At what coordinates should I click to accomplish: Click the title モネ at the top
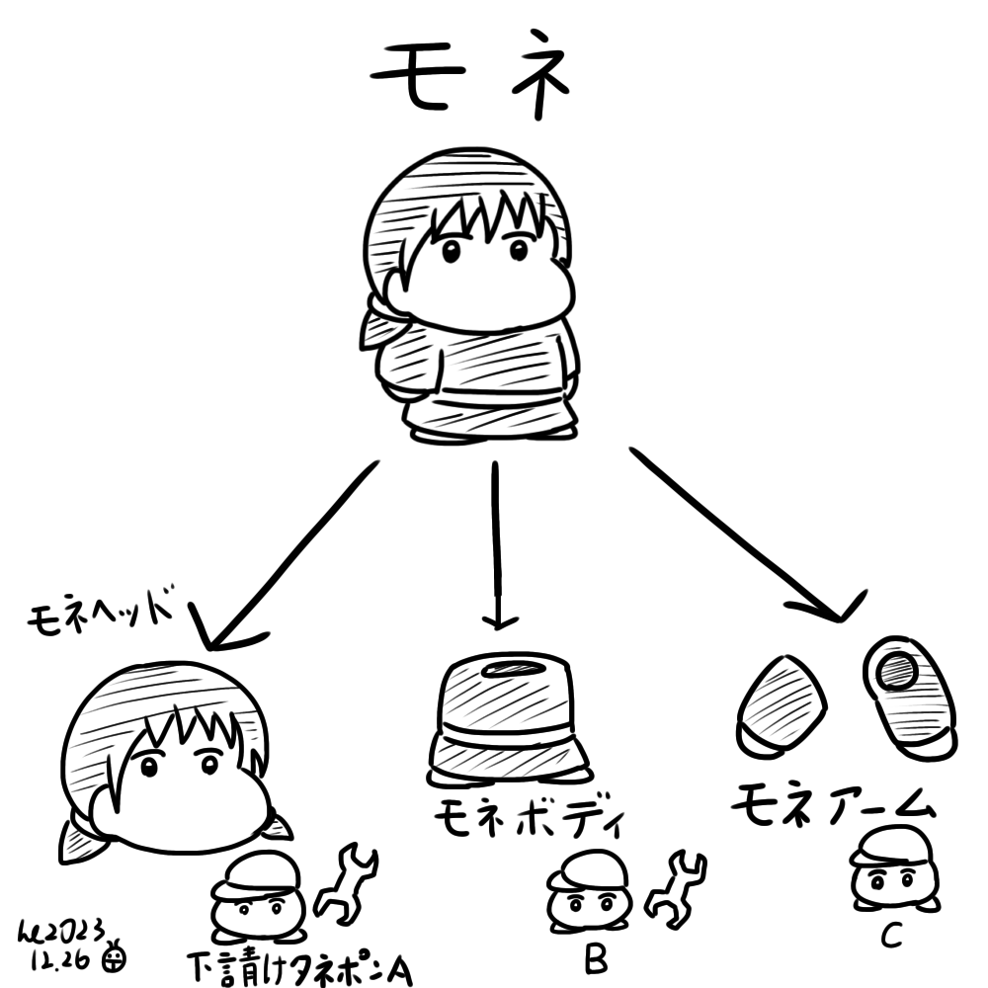point(469,74)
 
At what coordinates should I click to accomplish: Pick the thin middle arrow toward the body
point(497,545)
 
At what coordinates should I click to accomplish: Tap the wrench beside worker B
point(677,890)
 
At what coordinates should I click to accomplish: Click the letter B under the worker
point(596,960)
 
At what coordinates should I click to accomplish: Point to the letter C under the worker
point(892,935)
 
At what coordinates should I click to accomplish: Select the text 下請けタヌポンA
point(300,967)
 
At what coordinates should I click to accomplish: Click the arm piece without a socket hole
point(782,704)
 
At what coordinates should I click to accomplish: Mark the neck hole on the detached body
point(516,669)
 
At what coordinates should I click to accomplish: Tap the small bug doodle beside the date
point(115,956)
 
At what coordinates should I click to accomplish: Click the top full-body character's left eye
point(452,251)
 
